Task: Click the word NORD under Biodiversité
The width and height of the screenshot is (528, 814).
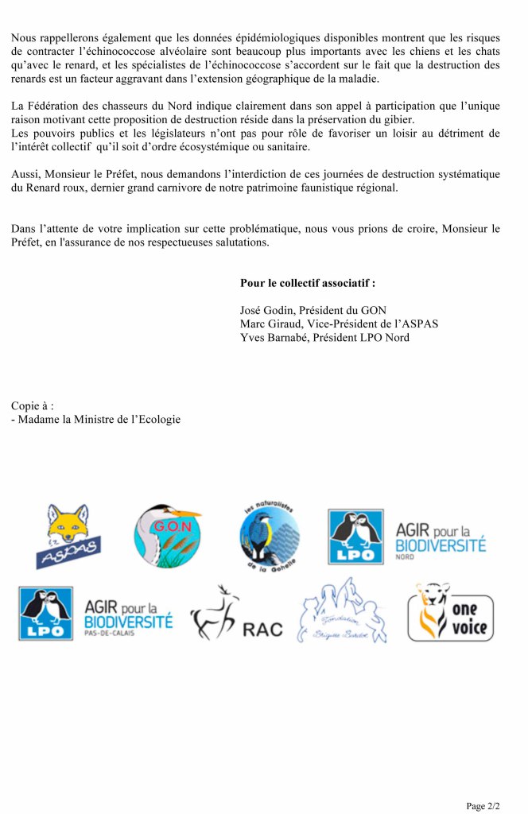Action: [x=405, y=557]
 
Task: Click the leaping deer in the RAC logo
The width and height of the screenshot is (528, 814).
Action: [x=214, y=613]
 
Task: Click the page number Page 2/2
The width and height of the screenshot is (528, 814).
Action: [x=483, y=806]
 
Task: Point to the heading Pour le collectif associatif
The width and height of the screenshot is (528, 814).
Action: [x=307, y=283]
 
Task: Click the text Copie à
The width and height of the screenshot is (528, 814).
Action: [x=33, y=405]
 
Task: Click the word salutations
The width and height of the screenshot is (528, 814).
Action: [x=240, y=243]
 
